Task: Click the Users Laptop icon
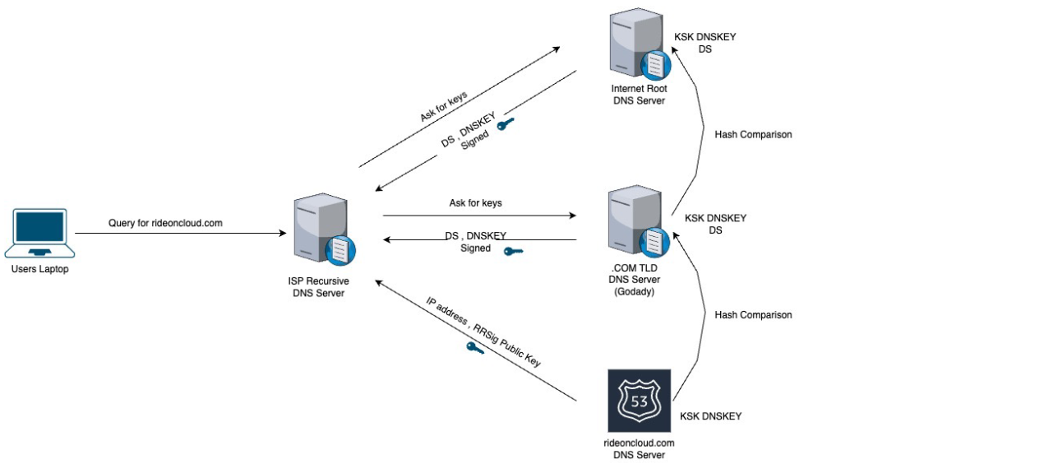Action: tap(39, 233)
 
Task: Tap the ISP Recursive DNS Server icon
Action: tap(325, 230)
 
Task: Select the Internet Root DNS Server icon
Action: tap(640, 44)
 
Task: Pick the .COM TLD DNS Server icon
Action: tap(639, 221)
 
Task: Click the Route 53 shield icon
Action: tap(639, 401)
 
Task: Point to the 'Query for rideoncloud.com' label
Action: tap(165, 223)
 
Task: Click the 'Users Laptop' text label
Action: tap(39, 269)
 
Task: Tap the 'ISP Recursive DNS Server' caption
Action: tap(318, 287)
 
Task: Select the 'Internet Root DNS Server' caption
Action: tap(639, 95)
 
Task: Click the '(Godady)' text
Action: tap(634, 291)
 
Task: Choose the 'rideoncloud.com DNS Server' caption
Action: tap(639, 449)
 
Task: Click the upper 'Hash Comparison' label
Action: tap(753, 135)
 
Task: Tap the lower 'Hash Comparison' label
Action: tap(753, 315)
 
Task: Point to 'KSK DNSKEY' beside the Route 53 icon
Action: tap(710, 416)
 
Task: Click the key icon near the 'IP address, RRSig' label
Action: tap(475, 348)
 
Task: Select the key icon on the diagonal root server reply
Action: tap(506, 123)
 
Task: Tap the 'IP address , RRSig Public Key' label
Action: tap(483, 332)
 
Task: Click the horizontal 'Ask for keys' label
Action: tap(475, 203)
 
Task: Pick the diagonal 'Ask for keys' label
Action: tap(444, 106)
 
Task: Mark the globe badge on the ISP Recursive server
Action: tap(340, 250)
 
